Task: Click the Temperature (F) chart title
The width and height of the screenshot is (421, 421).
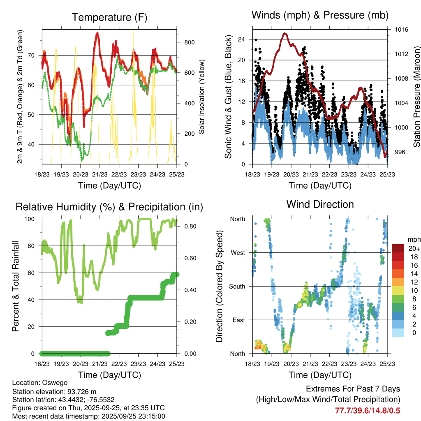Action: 109,17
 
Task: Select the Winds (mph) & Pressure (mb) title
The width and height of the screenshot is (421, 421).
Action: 320,15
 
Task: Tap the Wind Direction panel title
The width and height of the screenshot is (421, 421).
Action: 320,204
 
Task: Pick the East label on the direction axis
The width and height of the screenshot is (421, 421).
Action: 238,320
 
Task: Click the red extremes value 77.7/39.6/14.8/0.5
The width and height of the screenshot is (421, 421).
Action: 368,410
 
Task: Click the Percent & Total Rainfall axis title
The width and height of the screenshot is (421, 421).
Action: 16,286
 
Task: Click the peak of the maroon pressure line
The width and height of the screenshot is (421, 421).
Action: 285,34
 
